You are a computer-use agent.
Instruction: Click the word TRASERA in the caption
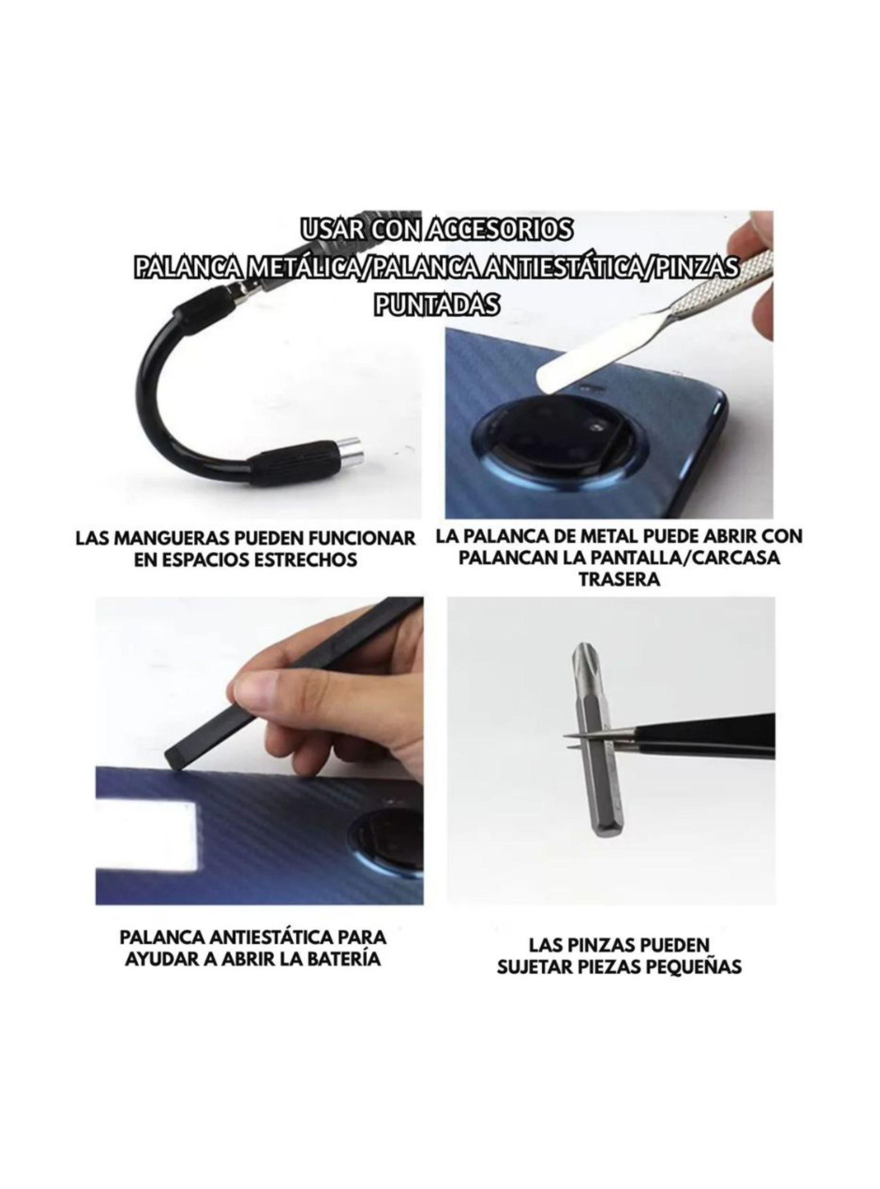click(620, 579)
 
